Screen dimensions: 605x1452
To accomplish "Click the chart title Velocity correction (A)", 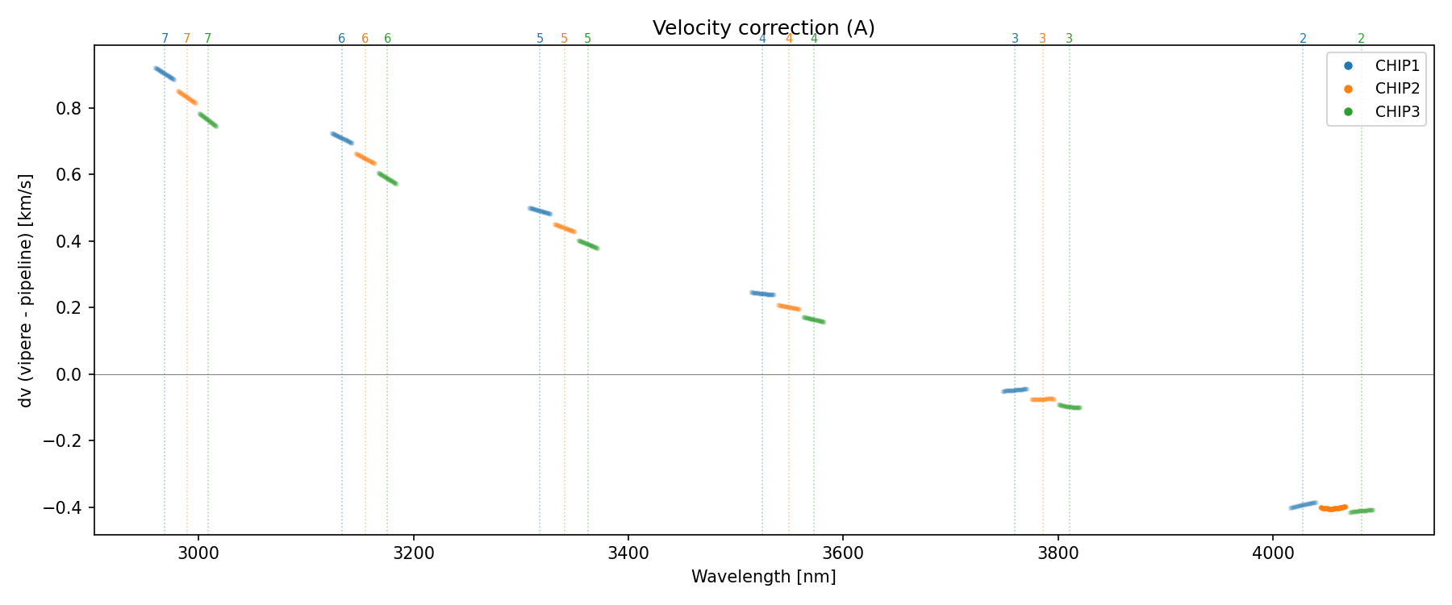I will coord(763,28).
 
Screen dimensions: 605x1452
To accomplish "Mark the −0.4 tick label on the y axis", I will coord(65,507).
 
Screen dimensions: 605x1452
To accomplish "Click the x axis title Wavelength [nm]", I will coord(763,577).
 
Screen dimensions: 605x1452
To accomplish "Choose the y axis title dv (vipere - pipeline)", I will coord(26,290).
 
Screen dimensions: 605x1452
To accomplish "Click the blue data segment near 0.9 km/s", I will coord(165,73).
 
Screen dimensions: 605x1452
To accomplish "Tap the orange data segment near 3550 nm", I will coord(788,307).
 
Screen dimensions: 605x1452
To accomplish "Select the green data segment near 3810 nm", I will coord(1070,406).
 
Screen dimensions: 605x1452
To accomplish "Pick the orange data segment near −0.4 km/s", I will coord(1333,508).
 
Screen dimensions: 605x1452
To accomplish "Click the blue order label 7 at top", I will coord(165,38).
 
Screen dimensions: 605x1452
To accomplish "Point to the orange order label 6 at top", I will coord(365,38).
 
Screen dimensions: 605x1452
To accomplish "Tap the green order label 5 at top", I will coord(587,38).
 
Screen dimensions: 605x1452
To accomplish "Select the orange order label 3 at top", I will coord(1042,38).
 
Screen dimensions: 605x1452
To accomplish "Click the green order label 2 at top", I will coord(1361,38).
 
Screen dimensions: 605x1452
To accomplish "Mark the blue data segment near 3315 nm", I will coord(540,211).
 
